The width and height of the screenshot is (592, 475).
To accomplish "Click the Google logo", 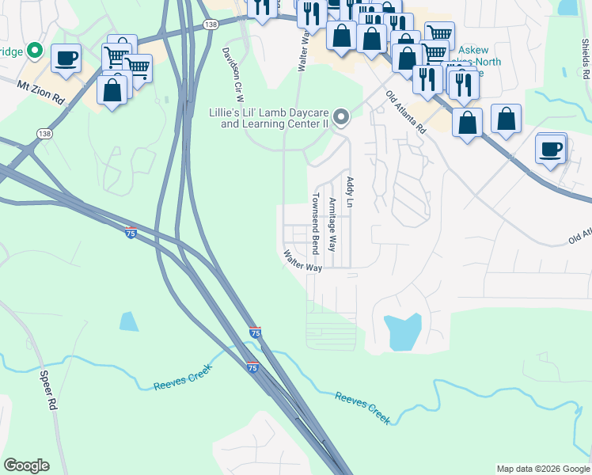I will coord(26,465).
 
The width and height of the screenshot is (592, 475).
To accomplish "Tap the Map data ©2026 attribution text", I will coord(542,469).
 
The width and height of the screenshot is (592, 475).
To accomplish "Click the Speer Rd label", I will coord(48,390).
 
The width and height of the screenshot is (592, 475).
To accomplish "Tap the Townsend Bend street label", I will coord(315,224).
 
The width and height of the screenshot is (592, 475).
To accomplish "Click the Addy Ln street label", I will coord(349,192).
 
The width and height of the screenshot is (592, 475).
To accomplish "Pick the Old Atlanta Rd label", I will coord(406,114).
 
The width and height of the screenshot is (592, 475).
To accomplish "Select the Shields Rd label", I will coord(586,59).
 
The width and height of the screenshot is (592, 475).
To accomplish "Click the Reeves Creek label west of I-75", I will coord(180,385).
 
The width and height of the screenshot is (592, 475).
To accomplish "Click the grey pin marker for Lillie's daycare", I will coord(341,118).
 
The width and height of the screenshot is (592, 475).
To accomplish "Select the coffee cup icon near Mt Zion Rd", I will coord(66,57).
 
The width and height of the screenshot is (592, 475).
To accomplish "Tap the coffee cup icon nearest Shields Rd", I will coord(551,148).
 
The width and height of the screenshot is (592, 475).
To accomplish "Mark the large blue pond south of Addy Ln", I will coord(401,332).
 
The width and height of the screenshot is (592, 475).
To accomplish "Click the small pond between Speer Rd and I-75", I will coord(128,321).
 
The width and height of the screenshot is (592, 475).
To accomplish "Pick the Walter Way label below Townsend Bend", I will coord(303,262).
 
